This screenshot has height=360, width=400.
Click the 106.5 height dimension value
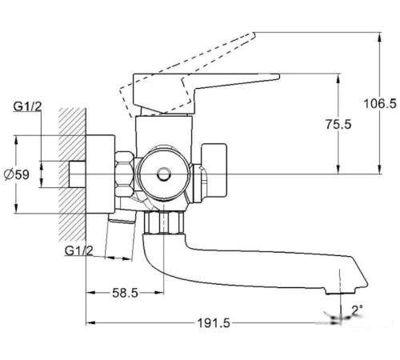tap(381, 104)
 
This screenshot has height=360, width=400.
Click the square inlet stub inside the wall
tap(78, 174)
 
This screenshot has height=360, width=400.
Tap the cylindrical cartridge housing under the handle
tap(164, 132)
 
